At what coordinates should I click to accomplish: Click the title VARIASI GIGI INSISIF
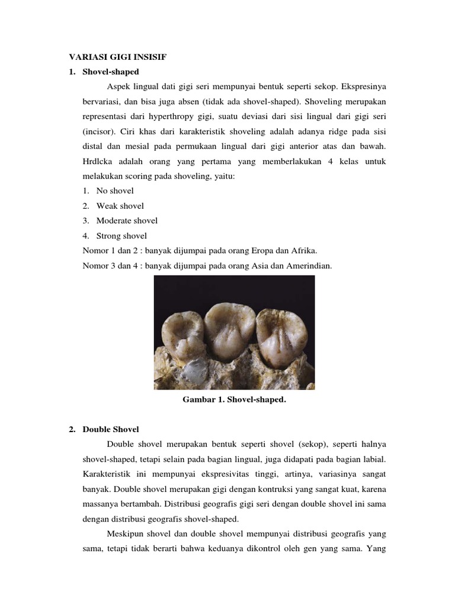tap(119, 57)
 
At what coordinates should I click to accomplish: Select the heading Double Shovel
tap(111, 429)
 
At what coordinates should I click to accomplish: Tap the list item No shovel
tap(115, 191)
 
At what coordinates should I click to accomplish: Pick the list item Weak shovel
tap(120, 206)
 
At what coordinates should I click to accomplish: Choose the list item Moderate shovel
tap(127, 221)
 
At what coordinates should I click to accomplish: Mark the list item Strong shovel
tap(121, 235)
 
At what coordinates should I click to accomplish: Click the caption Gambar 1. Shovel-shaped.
tap(234, 400)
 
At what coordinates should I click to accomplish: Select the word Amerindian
tap(310, 266)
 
